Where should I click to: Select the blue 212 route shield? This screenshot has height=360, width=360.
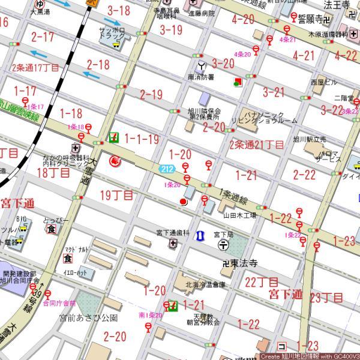[167, 170]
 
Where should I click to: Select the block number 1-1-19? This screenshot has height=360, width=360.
[142, 139]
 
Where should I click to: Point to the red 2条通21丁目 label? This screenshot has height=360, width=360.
[257, 145]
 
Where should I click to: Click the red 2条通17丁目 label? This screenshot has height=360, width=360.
[35, 67]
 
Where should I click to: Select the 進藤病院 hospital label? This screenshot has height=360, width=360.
[201, 13]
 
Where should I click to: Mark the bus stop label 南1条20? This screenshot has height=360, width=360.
[150, 314]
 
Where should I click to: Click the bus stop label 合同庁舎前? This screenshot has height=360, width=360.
[59, 303]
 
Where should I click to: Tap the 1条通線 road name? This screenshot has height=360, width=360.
[234, 196]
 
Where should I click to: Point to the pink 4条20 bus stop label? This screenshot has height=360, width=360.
[242, 54]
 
